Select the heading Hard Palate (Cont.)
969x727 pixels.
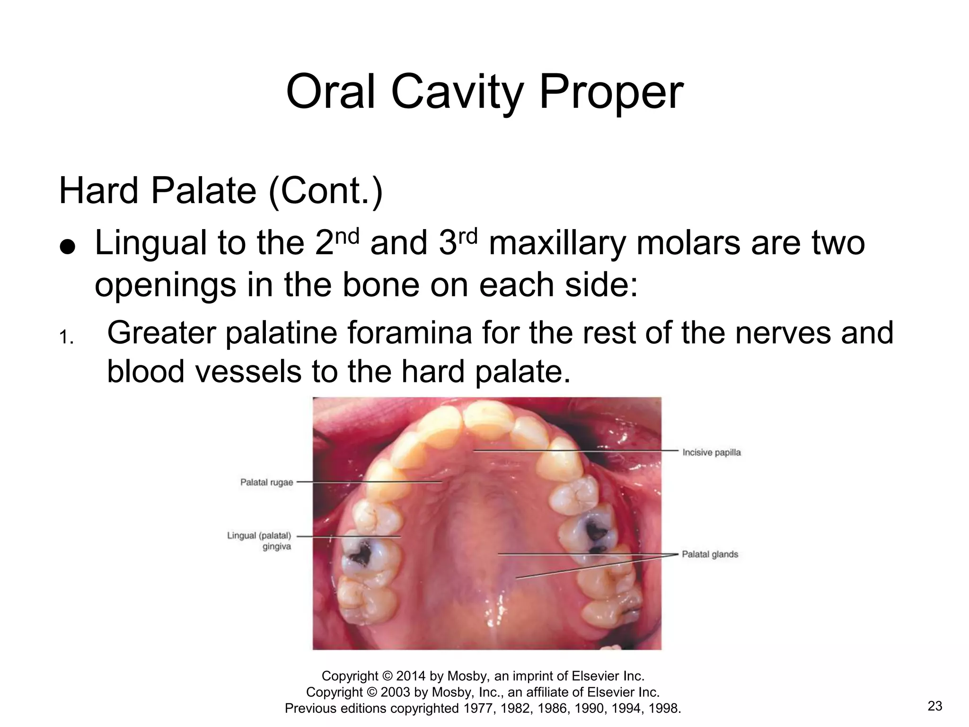pyautogui.click(x=220, y=191)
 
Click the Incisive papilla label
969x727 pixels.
pyautogui.click(x=711, y=452)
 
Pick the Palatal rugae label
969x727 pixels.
pyautogui.click(x=266, y=482)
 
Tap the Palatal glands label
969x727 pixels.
pyautogui.click(x=710, y=554)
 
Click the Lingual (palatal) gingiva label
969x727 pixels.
pyautogui.click(x=259, y=541)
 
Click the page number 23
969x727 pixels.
pyautogui.click(x=935, y=706)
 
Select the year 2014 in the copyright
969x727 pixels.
pyautogui.click(x=411, y=676)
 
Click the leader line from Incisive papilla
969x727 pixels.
pyautogui.click(x=577, y=451)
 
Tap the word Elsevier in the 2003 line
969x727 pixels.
pyautogui.click(x=610, y=692)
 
